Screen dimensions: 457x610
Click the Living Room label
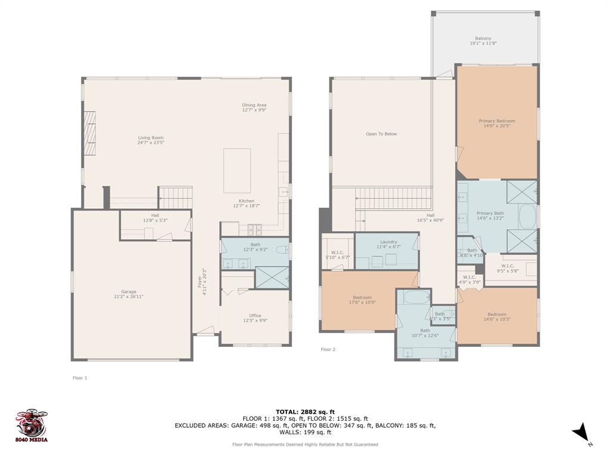[151, 137]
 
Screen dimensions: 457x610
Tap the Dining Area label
[254, 105]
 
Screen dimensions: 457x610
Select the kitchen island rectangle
[237, 170]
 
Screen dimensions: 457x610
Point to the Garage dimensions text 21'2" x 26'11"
[129, 296]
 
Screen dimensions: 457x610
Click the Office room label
[255, 315]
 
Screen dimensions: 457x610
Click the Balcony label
[483, 39]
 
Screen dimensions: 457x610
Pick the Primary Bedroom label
[497, 121]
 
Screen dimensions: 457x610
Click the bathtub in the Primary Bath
[527, 217]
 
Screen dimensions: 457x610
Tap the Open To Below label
[381, 134]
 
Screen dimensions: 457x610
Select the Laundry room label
[388, 242]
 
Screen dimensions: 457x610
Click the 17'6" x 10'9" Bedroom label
[362, 298]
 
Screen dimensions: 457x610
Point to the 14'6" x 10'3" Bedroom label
[497, 314]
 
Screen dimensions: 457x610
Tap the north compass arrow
[580, 433]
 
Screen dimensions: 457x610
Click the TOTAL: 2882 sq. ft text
[305, 412]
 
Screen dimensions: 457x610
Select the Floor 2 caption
[328, 349]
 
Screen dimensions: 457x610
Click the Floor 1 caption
[80, 377]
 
